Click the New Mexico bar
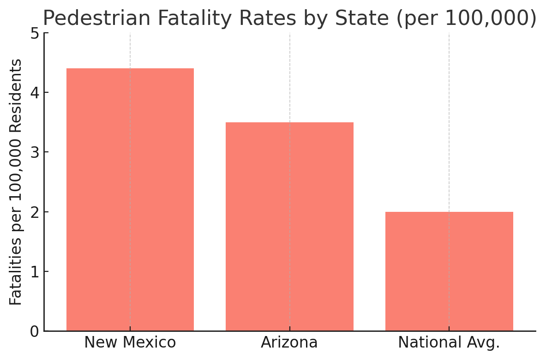tap(130, 199)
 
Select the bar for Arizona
tap(289, 226)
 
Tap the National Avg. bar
tap(449, 271)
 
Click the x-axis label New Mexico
tap(130, 343)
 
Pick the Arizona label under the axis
tap(289, 343)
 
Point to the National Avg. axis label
tap(449, 343)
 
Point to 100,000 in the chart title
tap(491, 18)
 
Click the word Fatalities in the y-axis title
tap(16, 272)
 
